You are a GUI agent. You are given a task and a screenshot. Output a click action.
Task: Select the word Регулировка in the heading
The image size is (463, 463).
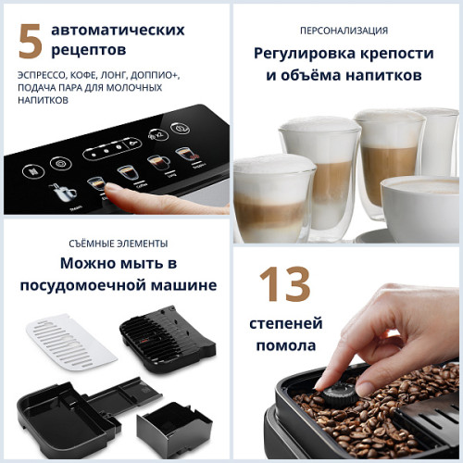click(x=301, y=53)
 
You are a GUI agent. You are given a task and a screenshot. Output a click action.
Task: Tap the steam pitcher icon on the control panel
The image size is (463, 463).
click(x=63, y=193)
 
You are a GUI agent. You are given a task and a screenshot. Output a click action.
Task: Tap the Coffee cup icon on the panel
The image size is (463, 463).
click(x=126, y=172)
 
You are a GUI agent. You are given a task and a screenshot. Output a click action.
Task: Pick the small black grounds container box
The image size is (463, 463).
click(x=173, y=423)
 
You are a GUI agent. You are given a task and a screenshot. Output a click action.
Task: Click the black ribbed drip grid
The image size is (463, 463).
click(x=167, y=338)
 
